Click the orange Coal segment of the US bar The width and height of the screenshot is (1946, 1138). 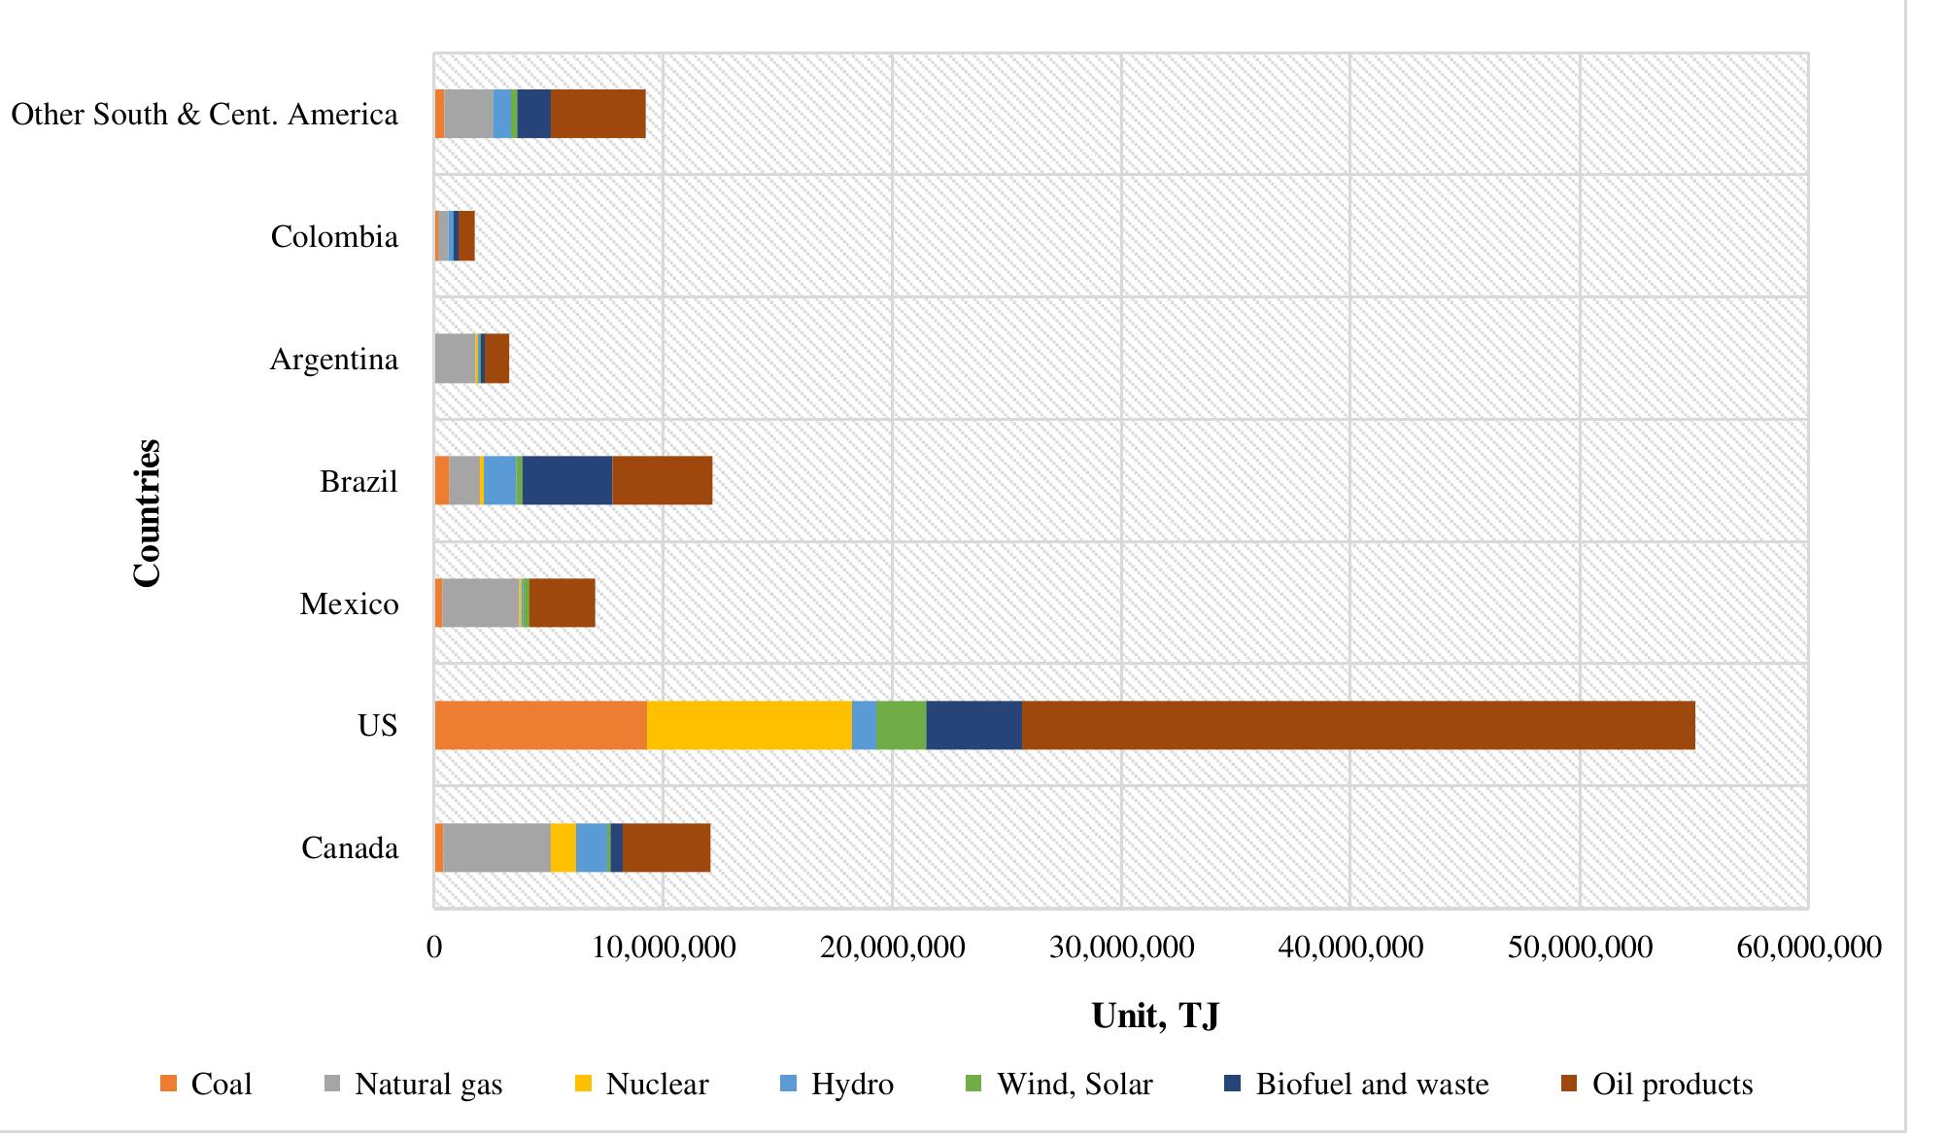point(540,725)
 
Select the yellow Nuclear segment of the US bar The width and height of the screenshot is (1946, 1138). point(749,725)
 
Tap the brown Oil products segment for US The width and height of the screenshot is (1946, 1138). point(1358,725)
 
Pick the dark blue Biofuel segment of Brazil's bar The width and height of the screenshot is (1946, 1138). point(567,480)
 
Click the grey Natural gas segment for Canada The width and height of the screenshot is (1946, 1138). point(496,847)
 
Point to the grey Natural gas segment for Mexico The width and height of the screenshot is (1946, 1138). point(481,603)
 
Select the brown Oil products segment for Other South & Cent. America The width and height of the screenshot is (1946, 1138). point(597,114)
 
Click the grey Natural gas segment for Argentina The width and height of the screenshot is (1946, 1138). point(455,359)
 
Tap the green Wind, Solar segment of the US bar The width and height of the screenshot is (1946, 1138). point(901,725)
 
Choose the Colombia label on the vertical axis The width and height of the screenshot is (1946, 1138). point(334,236)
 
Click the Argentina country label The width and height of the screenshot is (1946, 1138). point(333,359)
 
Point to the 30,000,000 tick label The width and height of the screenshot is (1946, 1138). point(1121,947)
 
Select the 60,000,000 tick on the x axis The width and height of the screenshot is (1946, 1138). point(1808,947)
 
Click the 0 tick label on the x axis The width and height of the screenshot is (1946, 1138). point(434,947)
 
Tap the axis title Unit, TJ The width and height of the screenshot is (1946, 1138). point(1155,1015)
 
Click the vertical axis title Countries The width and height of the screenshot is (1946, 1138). point(147,512)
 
